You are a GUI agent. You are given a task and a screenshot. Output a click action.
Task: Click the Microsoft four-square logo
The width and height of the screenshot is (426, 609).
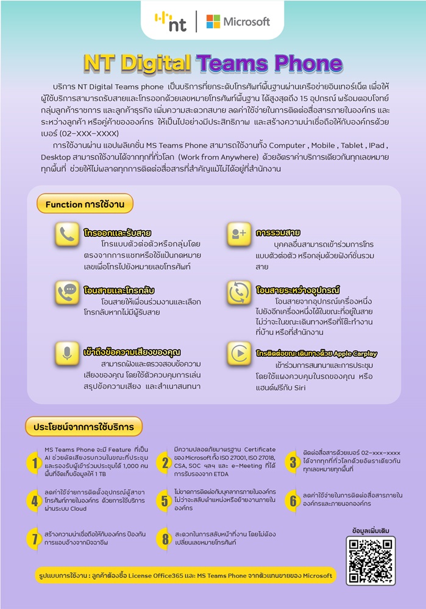pyautogui.click(x=213, y=21)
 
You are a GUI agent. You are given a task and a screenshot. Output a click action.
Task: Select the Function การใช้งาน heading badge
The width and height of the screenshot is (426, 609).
pyautogui.click(x=84, y=205)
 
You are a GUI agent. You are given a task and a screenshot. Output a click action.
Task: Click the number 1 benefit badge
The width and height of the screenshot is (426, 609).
pyautogui.click(x=35, y=464)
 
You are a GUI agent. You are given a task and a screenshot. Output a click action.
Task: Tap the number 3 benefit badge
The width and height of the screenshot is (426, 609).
pyautogui.click(x=293, y=461)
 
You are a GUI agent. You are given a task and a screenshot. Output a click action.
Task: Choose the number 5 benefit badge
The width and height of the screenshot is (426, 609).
pyautogui.click(x=165, y=501)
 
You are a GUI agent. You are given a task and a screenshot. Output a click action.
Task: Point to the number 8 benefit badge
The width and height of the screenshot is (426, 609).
pyautogui.click(x=165, y=538)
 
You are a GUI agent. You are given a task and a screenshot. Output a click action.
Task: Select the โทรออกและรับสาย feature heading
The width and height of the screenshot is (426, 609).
pyautogui.click(x=118, y=233)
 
